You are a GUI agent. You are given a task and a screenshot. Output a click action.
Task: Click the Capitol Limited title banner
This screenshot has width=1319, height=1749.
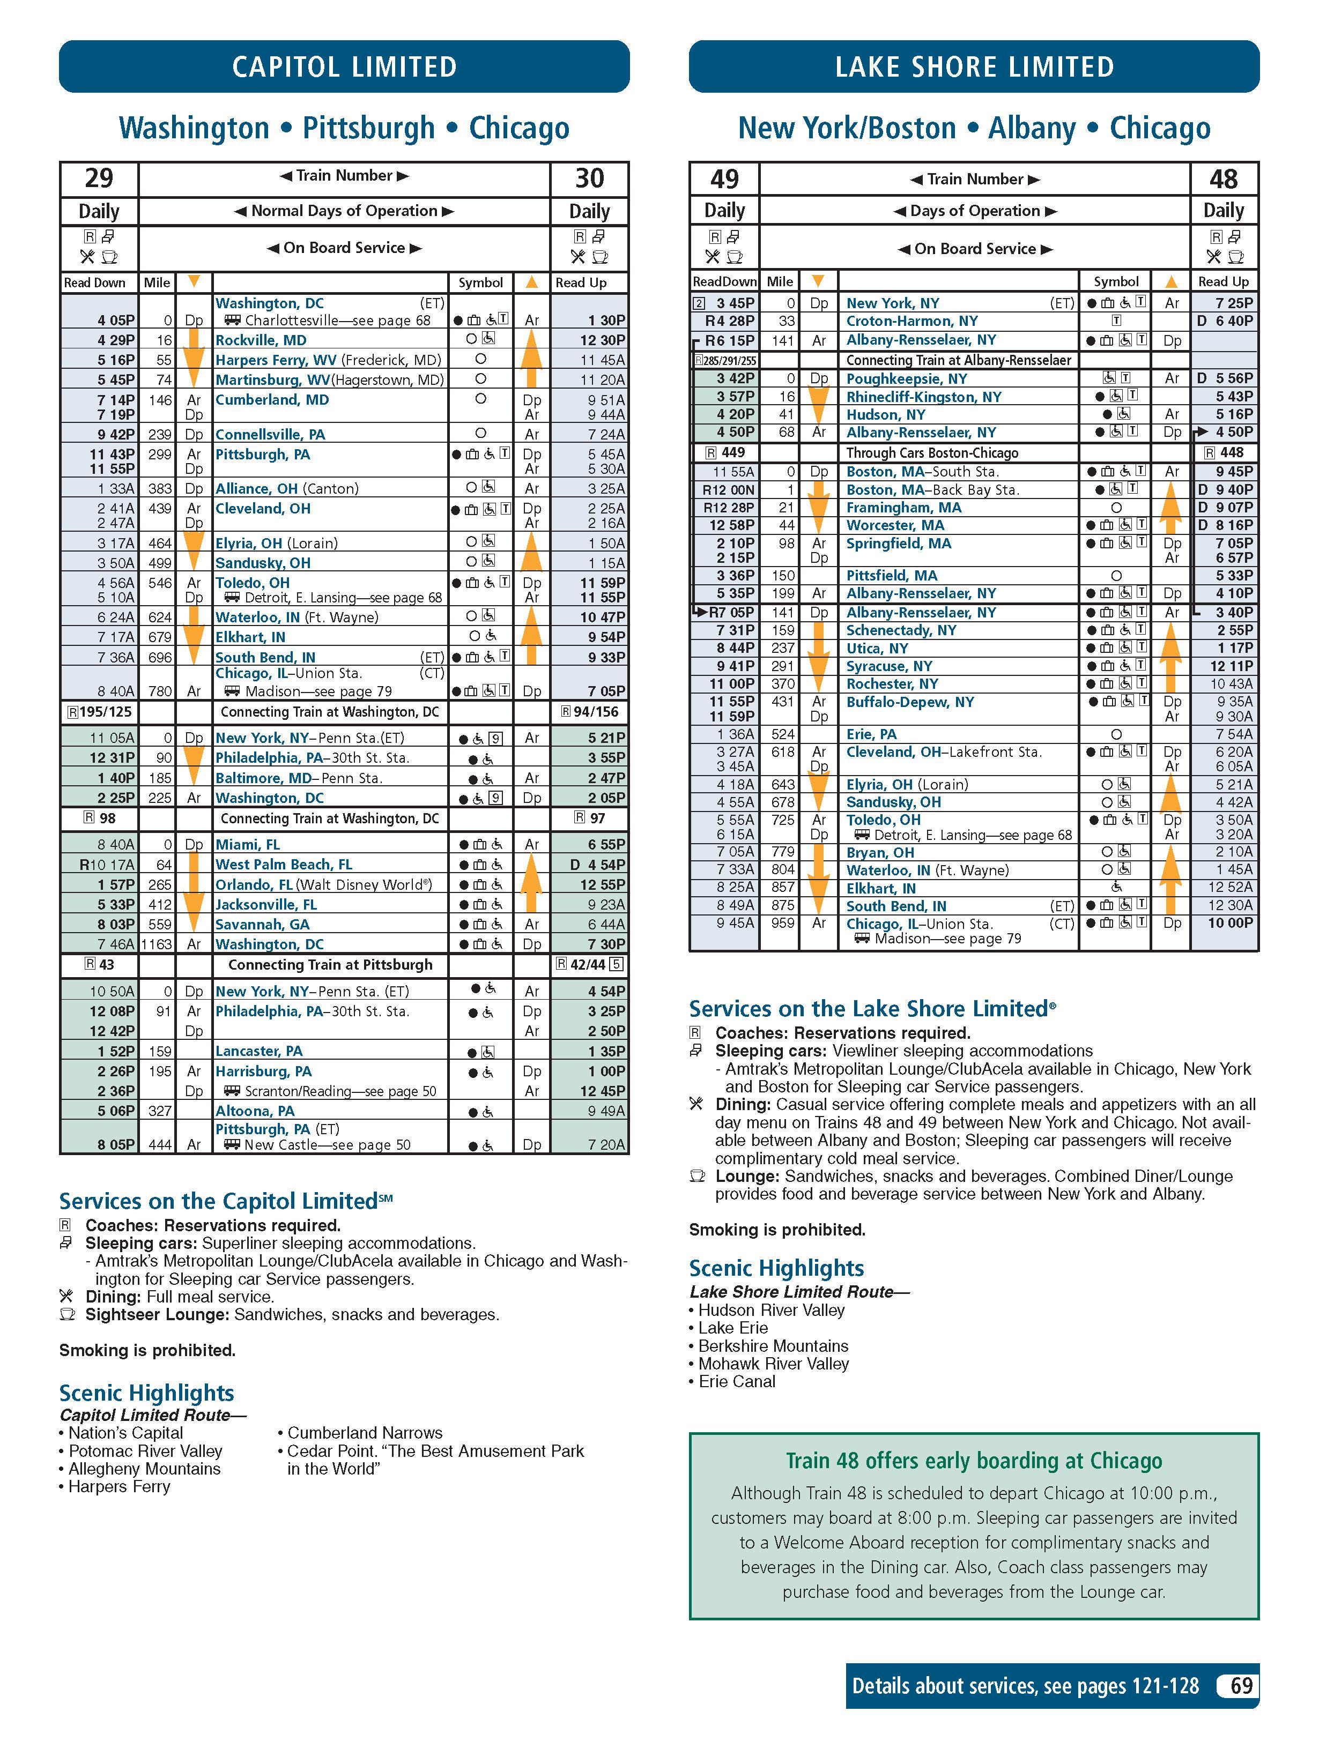click(344, 66)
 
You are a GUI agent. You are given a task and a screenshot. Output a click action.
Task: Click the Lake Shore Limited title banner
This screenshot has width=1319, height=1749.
click(974, 66)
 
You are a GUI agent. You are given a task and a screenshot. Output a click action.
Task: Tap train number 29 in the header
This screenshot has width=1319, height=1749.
click(99, 178)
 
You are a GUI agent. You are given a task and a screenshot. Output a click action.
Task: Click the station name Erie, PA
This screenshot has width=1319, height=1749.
click(871, 734)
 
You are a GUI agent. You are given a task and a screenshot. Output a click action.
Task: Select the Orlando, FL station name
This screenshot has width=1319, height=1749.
click(254, 885)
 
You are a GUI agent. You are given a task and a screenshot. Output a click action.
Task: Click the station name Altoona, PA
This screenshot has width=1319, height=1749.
click(255, 1111)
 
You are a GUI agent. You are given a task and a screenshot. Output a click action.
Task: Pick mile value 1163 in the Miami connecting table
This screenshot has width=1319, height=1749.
click(157, 944)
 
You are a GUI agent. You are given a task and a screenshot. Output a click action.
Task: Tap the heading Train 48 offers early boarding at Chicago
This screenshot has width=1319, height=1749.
click(974, 1461)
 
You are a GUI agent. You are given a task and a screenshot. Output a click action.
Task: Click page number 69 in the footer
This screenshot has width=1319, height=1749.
click(1241, 1686)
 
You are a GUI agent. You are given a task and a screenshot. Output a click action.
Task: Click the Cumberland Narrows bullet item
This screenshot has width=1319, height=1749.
click(365, 1433)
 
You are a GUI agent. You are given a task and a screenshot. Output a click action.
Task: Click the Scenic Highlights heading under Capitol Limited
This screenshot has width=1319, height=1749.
click(146, 1393)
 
